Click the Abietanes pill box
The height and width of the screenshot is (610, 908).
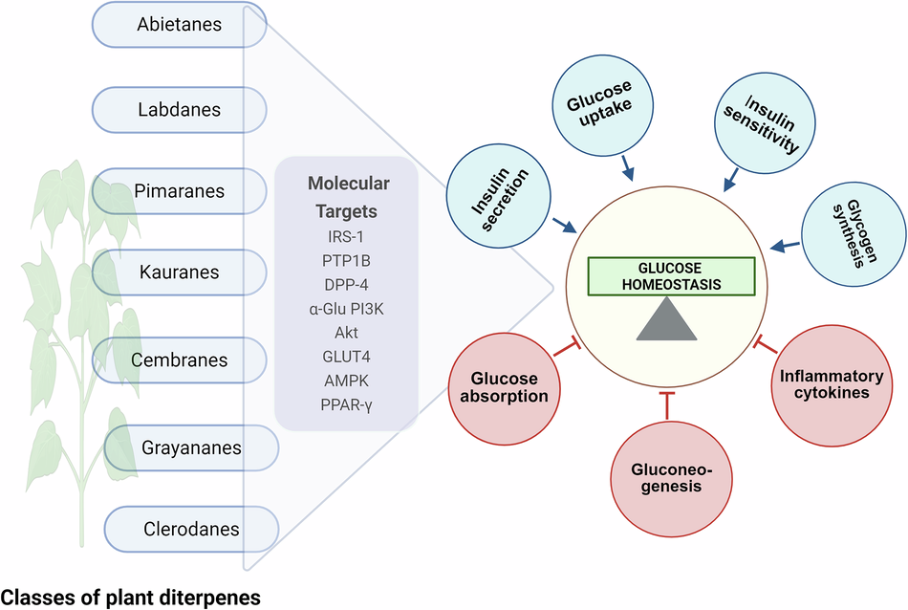(x=179, y=25)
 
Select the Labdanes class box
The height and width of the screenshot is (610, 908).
(x=179, y=110)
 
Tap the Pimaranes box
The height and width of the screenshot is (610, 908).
(x=179, y=191)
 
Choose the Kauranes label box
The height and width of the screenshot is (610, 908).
(x=179, y=272)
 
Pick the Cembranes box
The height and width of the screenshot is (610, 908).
(x=179, y=360)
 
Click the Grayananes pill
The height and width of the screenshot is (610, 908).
(x=191, y=447)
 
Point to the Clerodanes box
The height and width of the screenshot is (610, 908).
(x=191, y=528)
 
